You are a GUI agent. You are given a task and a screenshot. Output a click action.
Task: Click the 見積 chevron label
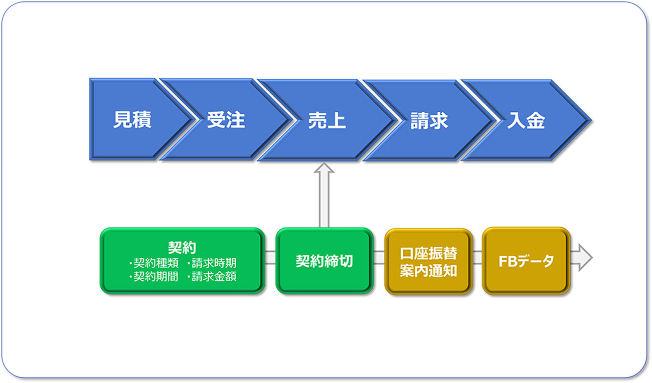coord(132,120)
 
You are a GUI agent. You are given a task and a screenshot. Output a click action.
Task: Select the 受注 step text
coord(226,120)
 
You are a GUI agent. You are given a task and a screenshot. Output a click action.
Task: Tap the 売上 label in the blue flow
coord(327,120)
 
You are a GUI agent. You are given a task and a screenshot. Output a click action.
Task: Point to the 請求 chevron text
coord(429,121)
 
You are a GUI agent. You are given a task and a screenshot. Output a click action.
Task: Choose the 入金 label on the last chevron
coord(526,120)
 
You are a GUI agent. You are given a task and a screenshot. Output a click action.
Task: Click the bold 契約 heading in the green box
coord(182,248)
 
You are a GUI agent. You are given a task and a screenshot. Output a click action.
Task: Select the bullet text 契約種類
coord(156,263)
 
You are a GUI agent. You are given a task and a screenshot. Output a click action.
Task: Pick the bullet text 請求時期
coord(214,263)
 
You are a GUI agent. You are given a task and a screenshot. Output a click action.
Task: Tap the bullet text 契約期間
coord(156,277)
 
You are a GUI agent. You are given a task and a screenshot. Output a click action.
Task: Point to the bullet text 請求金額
coord(214,277)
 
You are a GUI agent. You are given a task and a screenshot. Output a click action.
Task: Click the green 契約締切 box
coord(324,261)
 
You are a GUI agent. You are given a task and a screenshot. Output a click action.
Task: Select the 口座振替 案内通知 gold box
coord(428,261)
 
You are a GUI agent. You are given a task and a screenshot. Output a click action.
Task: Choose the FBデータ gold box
coord(526,261)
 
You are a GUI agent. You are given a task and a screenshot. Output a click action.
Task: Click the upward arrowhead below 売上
coord(324,168)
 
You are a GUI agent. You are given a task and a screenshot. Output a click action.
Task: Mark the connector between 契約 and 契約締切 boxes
coord(270,258)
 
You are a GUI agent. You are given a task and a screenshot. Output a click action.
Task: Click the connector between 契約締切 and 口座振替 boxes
coord(379,258)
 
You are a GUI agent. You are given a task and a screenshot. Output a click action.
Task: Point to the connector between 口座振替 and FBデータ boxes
coord(477,258)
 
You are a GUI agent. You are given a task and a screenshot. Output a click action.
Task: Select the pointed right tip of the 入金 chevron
coord(591,120)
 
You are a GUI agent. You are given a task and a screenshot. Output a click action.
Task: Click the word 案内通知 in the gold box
coord(428,271)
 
